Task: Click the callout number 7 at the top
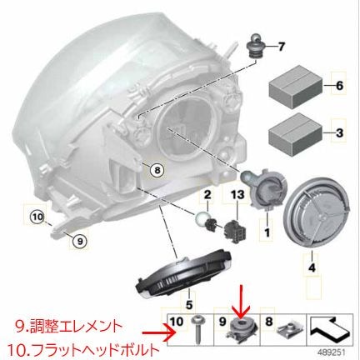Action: click(x=280, y=46)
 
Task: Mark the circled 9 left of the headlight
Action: click(x=79, y=242)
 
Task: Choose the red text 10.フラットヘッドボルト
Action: click(x=80, y=346)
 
